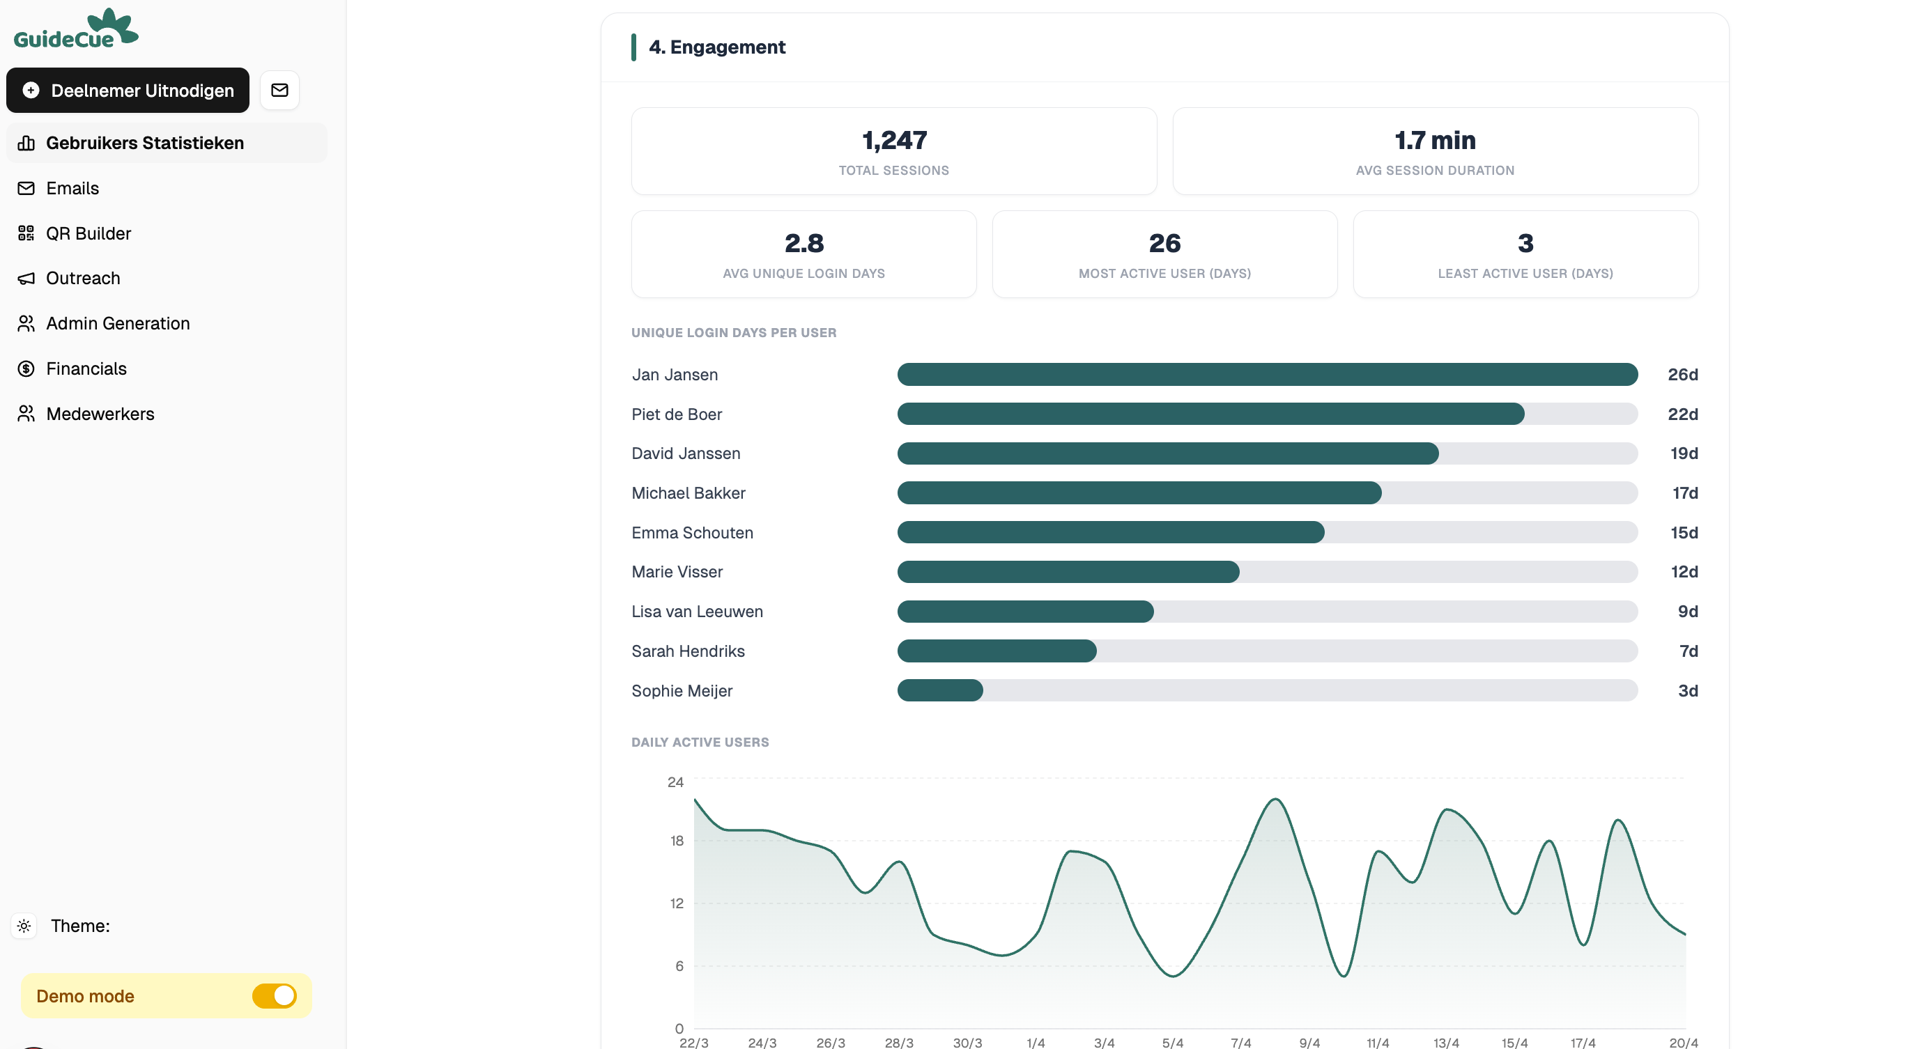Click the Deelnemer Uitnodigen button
coord(127,90)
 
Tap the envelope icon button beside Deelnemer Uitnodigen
coord(279,90)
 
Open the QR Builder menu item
coord(88,233)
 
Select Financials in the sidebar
coord(86,368)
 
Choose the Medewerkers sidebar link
coord(100,414)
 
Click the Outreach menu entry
coord(82,278)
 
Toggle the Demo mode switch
coord(275,995)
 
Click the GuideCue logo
coord(76,30)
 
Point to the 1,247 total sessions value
coord(893,141)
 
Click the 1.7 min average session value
coord(1435,141)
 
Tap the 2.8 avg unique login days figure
coord(803,243)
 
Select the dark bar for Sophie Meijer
coord(939,690)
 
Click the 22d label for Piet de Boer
coord(1682,414)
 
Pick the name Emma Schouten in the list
coord(692,533)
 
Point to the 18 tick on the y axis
coord(676,840)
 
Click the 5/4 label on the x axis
coord(1172,1042)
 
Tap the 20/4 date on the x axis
coord(1683,1042)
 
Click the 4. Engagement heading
coord(716,47)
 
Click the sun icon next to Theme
coord(24,926)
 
